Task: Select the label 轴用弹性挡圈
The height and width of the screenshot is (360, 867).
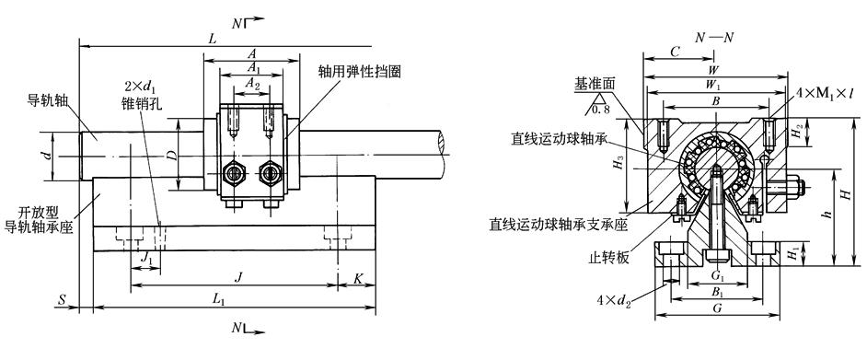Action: pos(359,71)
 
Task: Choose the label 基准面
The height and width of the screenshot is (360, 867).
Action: pos(594,84)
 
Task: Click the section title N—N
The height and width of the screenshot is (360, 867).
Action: pos(715,38)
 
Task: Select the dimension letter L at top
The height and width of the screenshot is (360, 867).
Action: pos(212,40)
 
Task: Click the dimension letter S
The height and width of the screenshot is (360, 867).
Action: pos(63,300)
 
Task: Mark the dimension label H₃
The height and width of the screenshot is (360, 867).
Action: pos(618,164)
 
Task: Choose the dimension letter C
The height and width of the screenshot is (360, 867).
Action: pos(674,52)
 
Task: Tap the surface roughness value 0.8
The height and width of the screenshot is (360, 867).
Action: pos(599,109)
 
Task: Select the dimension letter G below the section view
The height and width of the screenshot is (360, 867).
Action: pos(717,308)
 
